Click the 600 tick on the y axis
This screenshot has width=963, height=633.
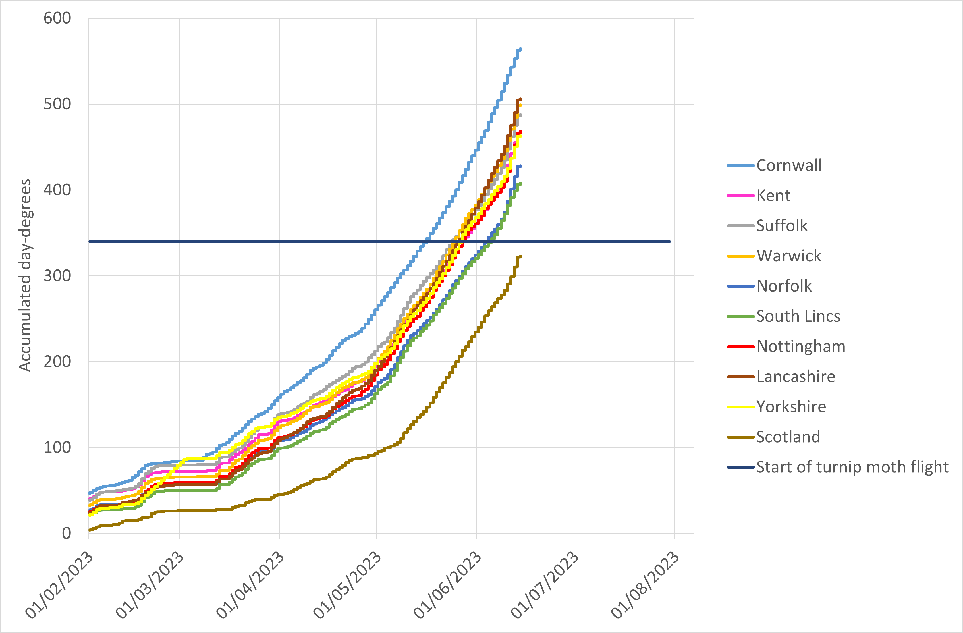click(x=57, y=18)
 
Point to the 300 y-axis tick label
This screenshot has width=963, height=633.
click(x=57, y=276)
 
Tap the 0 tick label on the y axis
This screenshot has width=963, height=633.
click(x=66, y=533)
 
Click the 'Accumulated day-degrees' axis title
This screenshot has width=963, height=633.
click(x=25, y=275)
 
